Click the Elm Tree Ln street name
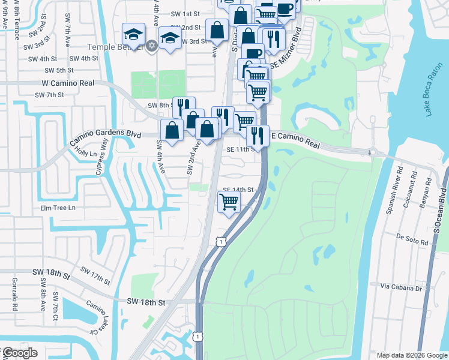pyautogui.click(x=58, y=208)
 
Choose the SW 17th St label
pyautogui.click(x=97, y=277)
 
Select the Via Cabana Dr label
pyautogui.click(x=401, y=289)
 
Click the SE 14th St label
pyautogui.click(x=239, y=189)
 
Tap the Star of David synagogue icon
pyautogui.click(x=152, y=46)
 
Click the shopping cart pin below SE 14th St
pyautogui.click(x=229, y=203)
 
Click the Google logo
pyautogui.click(x=20, y=353)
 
